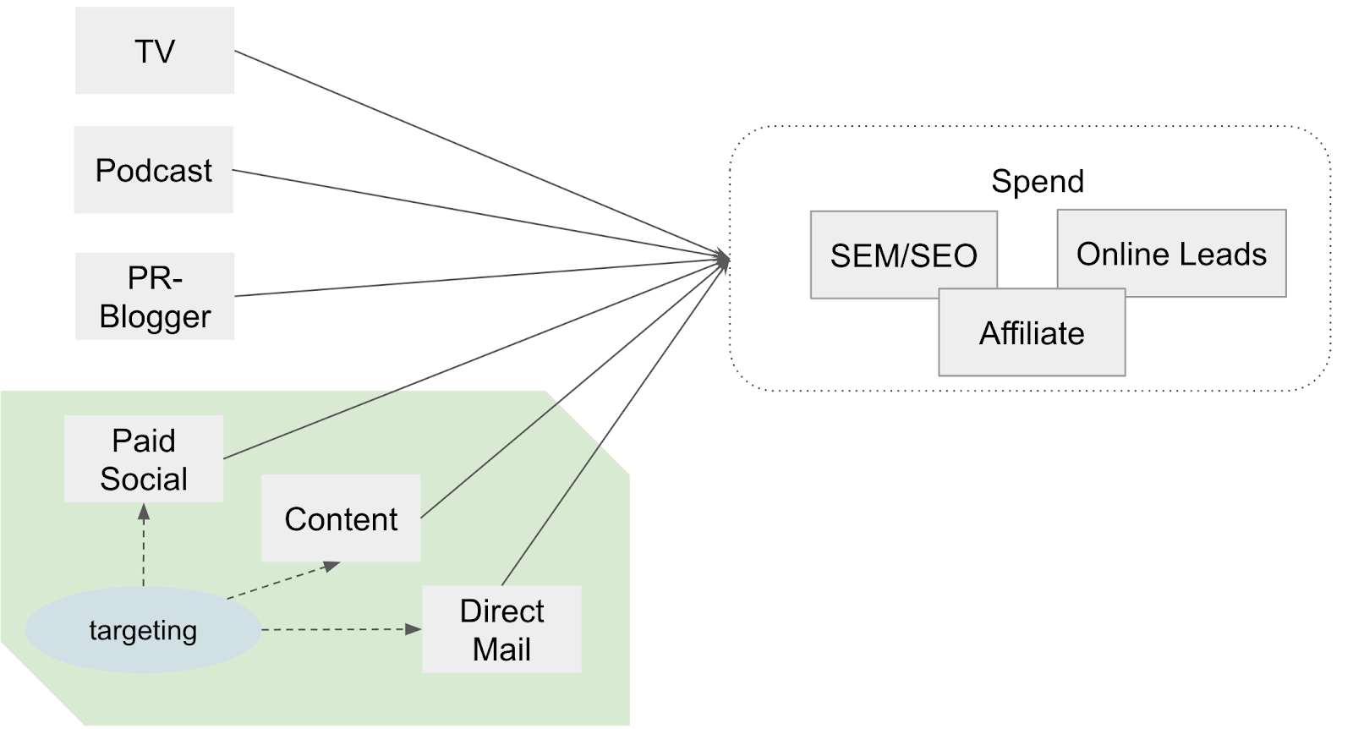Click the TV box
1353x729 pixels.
pos(154,51)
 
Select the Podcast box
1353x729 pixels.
pos(153,170)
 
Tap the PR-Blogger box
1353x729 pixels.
pos(154,296)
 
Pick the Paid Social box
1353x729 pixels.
pos(144,459)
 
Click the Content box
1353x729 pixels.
pos(340,518)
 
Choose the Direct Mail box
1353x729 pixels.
pos(501,629)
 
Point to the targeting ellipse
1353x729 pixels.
pos(143,630)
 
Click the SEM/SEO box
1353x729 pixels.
pos(903,254)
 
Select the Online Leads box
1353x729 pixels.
pos(1171,253)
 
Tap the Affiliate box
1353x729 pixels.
pos(1032,333)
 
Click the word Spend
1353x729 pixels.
pos(1038,181)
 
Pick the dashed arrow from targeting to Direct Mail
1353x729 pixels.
pos(338,629)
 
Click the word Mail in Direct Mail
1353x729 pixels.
pos(501,650)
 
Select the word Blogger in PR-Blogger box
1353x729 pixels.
pos(155,316)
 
